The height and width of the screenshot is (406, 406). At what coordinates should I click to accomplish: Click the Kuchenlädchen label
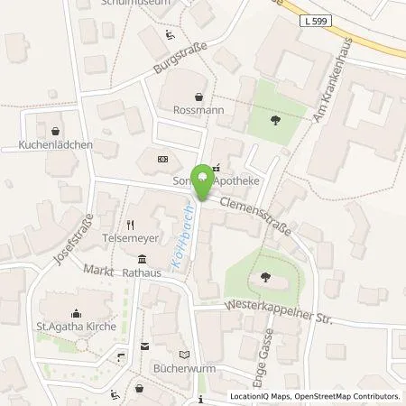pyautogui.click(x=56, y=144)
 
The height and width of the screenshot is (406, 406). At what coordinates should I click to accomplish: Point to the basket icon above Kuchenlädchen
pyautogui.click(x=55, y=130)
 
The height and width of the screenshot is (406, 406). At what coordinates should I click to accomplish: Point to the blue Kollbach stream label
pyautogui.click(x=178, y=243)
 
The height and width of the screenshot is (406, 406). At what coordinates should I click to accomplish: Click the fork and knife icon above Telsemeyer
pyautogui.click(x=130, y=225)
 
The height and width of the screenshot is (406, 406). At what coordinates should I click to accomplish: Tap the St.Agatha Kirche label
pyautogui.click(x=75, y=326)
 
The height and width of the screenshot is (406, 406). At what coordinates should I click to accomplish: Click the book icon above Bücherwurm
pyautogui.click(x=185, y=355)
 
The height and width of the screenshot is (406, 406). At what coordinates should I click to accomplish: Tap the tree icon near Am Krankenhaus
pyautogui.click(x=273, y=118)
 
